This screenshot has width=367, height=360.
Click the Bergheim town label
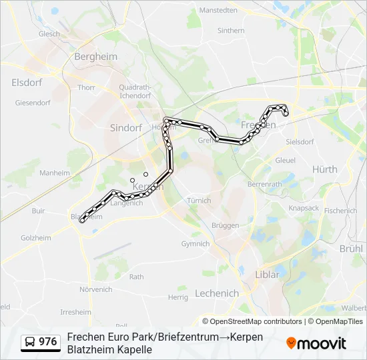coord(95,56)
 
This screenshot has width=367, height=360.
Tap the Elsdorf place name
coord(27,82)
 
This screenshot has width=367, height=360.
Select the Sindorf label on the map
coord(126,127)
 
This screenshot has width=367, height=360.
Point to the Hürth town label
coord(325,169)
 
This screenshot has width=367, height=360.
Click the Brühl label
coord(351,248)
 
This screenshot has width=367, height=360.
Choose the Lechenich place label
coord(217,293)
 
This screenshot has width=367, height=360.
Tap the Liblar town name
coord(268,274)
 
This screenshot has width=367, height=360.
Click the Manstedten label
coord(218,11)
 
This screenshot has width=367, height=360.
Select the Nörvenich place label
coord(96,289)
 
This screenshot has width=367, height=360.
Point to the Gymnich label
coord(196,244)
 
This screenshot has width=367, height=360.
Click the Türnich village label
coord(199,201)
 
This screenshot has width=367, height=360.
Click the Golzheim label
coord(36,237)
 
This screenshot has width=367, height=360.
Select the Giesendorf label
coord(33,103)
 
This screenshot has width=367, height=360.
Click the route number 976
coord(47,342)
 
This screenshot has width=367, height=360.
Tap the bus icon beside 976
coord(29,342)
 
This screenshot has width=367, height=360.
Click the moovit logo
coord(316,343)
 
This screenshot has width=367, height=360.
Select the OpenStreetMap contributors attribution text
coord(248,321)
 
